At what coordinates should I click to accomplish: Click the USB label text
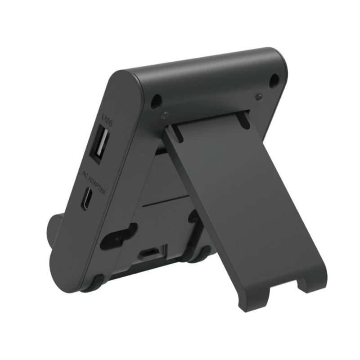pos(107,120)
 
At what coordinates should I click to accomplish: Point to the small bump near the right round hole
pos(259,96)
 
